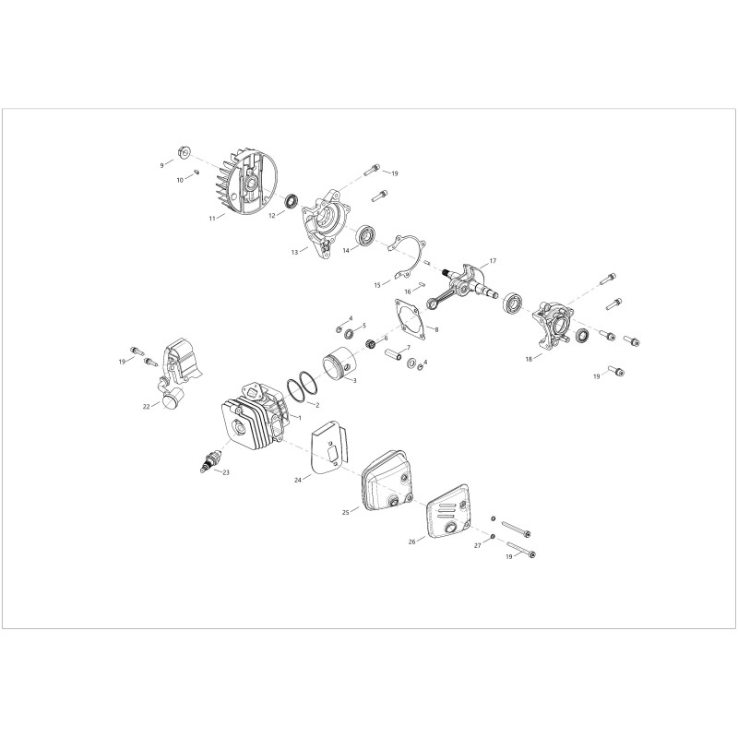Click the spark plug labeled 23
tap(208, 461)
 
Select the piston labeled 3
tap(339, 365)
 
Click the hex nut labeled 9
tap(184, 152)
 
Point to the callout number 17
tap(493, 261)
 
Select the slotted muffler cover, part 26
tap(448, 512)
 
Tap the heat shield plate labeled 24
tap(330, 448)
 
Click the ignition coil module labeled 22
tap(179, 373)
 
